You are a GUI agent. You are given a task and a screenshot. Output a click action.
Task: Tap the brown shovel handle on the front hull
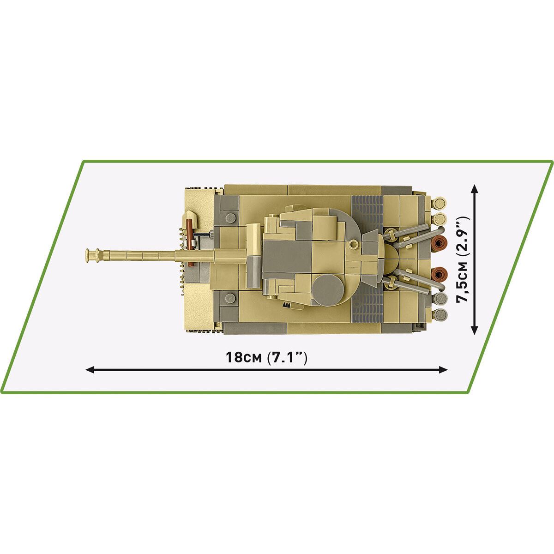[190, 242]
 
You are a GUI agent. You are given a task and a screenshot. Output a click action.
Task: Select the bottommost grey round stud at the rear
[440, 315]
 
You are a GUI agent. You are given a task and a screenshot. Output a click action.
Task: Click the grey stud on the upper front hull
[229, 217]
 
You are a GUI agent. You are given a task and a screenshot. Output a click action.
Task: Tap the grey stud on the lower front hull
[229, 298]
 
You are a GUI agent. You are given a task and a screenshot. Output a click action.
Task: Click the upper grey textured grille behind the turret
[367, 213]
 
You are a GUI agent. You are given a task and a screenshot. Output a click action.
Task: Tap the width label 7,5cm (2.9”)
[463, 259]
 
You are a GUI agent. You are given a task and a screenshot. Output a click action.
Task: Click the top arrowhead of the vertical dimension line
[474, 187]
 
